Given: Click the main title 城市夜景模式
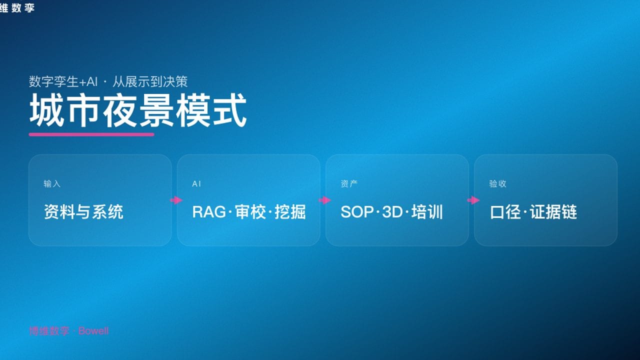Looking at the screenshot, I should [x=138, y=111].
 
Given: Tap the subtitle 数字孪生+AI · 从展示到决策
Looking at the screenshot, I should [x=108, y=82].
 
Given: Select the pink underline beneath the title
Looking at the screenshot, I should [x=91, y=134].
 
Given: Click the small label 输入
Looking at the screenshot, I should [x=52, y=184].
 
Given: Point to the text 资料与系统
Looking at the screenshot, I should [x=83, y=212].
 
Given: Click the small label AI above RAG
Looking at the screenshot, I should [x=196, y=184].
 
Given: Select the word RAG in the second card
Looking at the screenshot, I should [x=209, y=212].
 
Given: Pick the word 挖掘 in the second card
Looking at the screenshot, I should [x=290, y=212].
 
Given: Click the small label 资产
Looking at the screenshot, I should [x=349, y=184].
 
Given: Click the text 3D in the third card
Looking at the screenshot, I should [x=392, y=212].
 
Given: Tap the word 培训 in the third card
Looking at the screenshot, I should [x=427, y=212].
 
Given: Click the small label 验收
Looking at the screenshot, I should [x=497, y=184].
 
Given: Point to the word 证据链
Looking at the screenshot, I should [x=553, y=212].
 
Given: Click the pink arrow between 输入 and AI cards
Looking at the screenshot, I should [x=176, y=200].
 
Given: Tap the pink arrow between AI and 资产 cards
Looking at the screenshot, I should [x=324, y=200].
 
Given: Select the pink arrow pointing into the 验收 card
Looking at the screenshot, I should [x=473, y=200].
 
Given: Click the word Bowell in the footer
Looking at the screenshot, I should [x=93, y=331].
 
